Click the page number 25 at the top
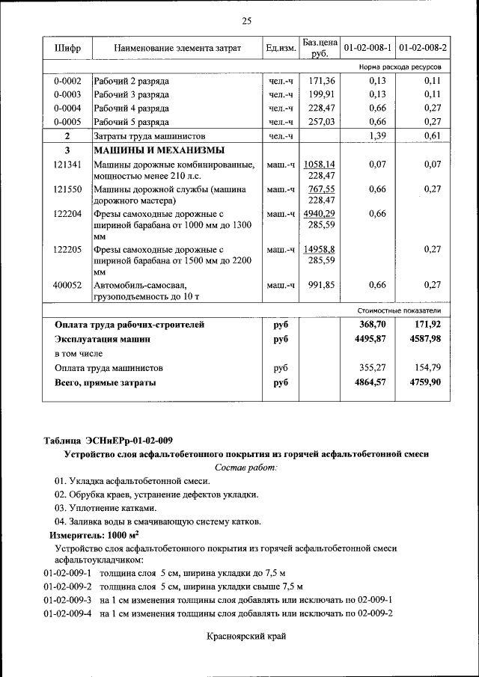point(246,20)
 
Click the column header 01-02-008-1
point(367,49)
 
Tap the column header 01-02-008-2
point(423,49)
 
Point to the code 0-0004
point(67,108)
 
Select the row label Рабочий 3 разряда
point(131,94)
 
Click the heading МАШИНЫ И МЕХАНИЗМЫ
point(147,150)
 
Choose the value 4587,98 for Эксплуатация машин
point(426,339)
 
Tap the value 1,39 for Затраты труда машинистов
point(373,135)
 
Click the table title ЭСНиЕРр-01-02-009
point(112,439)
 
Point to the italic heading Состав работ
point(246,467)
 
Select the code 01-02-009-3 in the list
point(67,600)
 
